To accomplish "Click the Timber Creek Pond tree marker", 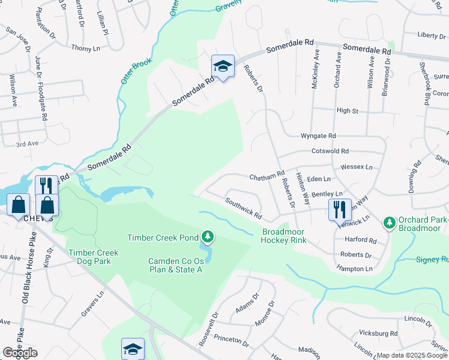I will pos(208,237).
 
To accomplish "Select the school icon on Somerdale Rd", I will pos(223,67).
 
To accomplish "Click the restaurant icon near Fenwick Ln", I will pos(340,209).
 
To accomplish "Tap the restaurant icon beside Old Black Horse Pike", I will pos(46,185).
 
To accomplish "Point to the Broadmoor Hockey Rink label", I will pos(284,236).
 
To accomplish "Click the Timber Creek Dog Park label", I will pos(93,257).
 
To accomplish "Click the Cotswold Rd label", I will pos(330,152).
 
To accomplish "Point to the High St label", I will pos(347,111).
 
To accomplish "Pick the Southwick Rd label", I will pos(244,208).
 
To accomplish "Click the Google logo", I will pos(20,353).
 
